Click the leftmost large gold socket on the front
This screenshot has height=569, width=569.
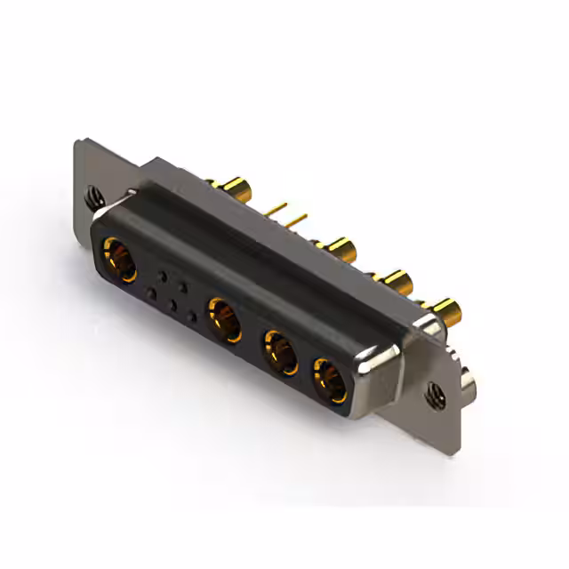click(118, 259)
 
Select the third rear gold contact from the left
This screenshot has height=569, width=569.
click(395, 282)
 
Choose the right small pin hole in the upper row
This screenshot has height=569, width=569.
click(184, 287)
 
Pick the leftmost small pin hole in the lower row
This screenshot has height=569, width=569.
click(152, 293)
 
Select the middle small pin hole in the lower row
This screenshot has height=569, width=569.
click(172, 304)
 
